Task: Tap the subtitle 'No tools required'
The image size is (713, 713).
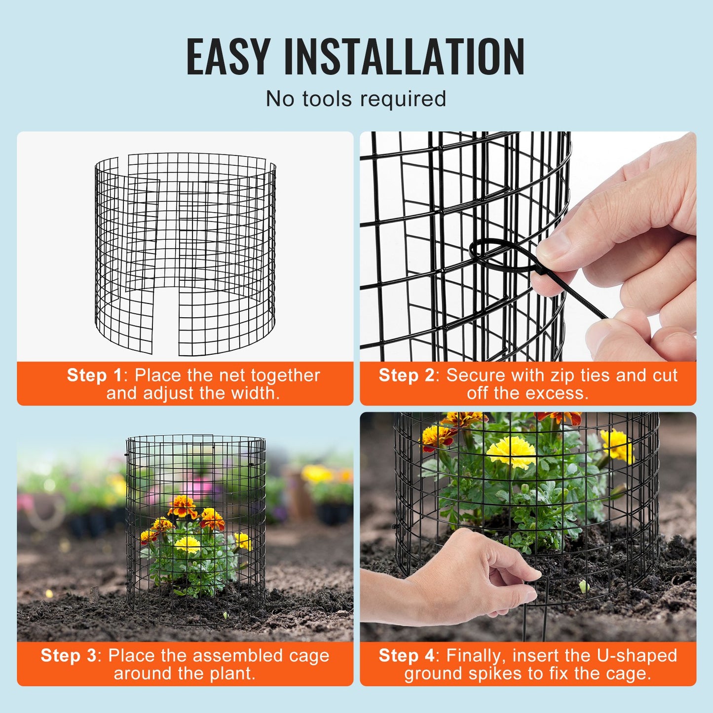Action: (356, 99)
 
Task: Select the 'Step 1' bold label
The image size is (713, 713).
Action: (94, 375)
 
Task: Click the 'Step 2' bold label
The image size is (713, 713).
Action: (406, 375)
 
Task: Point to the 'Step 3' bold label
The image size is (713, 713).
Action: (68, 655)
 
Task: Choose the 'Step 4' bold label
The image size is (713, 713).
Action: (406, 655)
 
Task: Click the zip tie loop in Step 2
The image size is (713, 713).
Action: (498, 255)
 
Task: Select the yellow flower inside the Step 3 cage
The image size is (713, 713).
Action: (188, 544)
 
